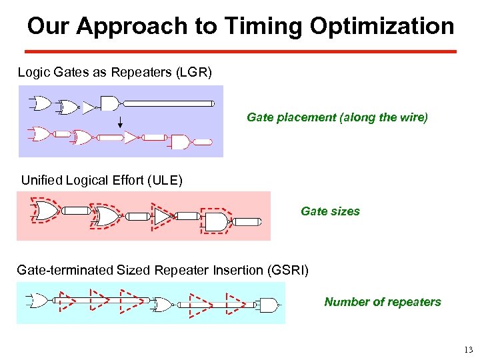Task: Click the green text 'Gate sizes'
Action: pos(330,211)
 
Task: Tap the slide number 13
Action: pos(467,350)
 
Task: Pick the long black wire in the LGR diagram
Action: pos(169,103)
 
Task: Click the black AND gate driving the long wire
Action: pos(109,103)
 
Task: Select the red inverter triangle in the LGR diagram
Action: pos(131,137)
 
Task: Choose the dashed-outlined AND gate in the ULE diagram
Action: pos(215,221)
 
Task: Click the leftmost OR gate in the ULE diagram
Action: pos(45,211)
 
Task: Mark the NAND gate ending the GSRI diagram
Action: pos(267,305)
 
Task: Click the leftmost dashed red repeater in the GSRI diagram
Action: pos(67,301)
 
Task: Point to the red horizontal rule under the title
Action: pos(240,51)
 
